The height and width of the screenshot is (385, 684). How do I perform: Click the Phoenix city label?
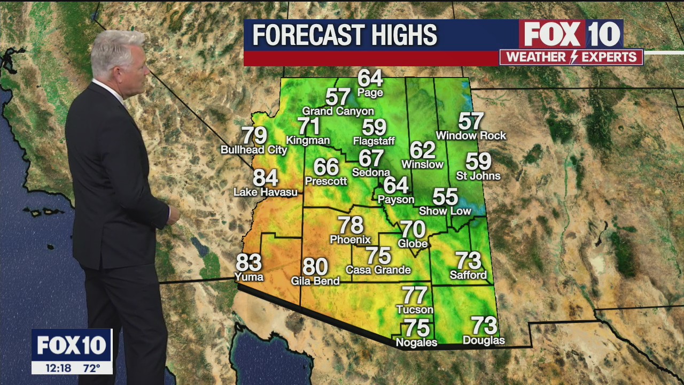coord(351,239)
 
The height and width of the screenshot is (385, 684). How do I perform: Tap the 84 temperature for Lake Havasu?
coord(266,178)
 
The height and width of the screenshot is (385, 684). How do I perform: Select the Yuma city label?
coord(249,276)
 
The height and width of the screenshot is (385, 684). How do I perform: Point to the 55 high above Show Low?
coord(445,197)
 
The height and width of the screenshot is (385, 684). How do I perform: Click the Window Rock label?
coord(471,136)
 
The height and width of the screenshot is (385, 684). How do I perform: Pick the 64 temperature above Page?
coord(370,78)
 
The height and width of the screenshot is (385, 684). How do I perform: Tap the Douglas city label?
coord(484,340)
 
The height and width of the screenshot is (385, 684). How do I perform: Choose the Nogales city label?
coord(416,342)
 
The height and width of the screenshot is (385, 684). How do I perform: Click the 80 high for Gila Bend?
coord(315,266)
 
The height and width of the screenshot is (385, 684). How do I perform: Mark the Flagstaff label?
coord(374,141)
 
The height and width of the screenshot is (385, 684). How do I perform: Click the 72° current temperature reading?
coord(91,368)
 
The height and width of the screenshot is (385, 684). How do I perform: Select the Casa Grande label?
coord(378,270)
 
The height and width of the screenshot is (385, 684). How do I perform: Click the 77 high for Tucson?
coord(415,295)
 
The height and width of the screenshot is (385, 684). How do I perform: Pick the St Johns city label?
coord(478,175)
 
